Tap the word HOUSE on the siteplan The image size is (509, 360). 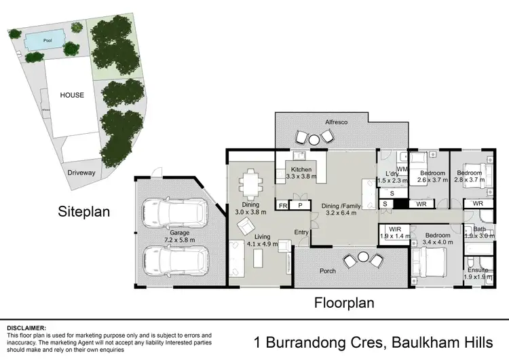click(71, 95)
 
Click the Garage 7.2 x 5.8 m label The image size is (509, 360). click(180, 236)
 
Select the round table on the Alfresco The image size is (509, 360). click(316, 139)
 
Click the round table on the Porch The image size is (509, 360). click(363, 259)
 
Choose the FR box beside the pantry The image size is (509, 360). click(283, 204)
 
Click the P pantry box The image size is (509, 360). click(299, 204)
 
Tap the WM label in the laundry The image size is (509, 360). click(401, 168)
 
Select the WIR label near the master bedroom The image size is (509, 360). click(392, 229)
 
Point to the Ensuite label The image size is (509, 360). click(478, 270)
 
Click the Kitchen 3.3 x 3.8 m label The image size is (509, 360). click(301, 173)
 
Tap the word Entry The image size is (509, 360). click(301, 232)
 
